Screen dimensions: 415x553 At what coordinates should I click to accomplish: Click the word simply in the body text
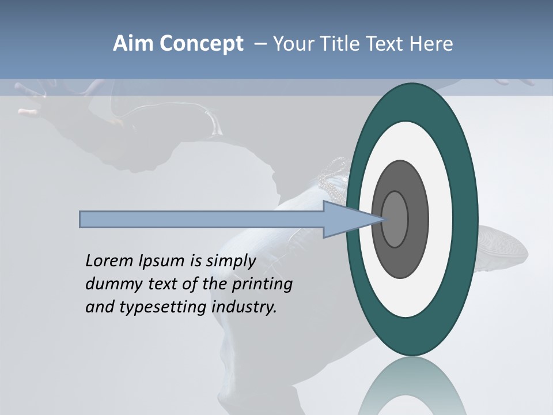[230, 262]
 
